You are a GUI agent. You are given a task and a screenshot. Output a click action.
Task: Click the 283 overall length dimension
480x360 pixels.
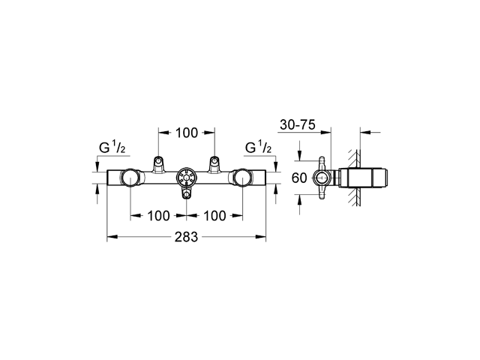(187, 238)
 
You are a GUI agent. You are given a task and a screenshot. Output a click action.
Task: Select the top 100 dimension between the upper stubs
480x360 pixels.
(187, 133)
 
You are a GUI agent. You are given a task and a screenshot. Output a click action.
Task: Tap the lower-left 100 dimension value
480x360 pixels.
(157, 216)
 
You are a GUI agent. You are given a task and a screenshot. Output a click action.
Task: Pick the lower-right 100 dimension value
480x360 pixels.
(214, 216)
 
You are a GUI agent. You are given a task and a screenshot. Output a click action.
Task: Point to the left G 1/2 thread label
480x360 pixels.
(113, 148)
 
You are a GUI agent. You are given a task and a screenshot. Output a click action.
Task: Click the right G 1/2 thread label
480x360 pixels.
(259, 148)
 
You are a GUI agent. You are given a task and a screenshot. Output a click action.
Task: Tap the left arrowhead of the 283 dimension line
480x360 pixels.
(109, 238)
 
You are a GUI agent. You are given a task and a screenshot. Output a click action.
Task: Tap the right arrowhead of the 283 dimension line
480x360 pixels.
(264, 238)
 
